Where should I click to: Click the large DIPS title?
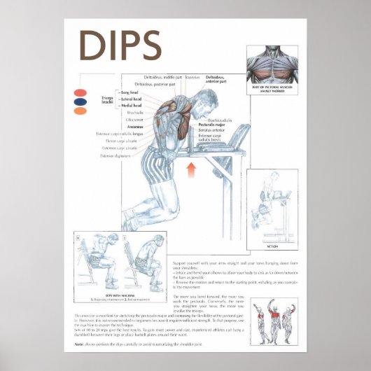120,45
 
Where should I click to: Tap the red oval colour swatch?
80,92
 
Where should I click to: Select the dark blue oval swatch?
80,101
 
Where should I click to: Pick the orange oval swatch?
80,111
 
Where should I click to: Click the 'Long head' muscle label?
129,92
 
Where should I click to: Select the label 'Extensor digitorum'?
118,156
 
